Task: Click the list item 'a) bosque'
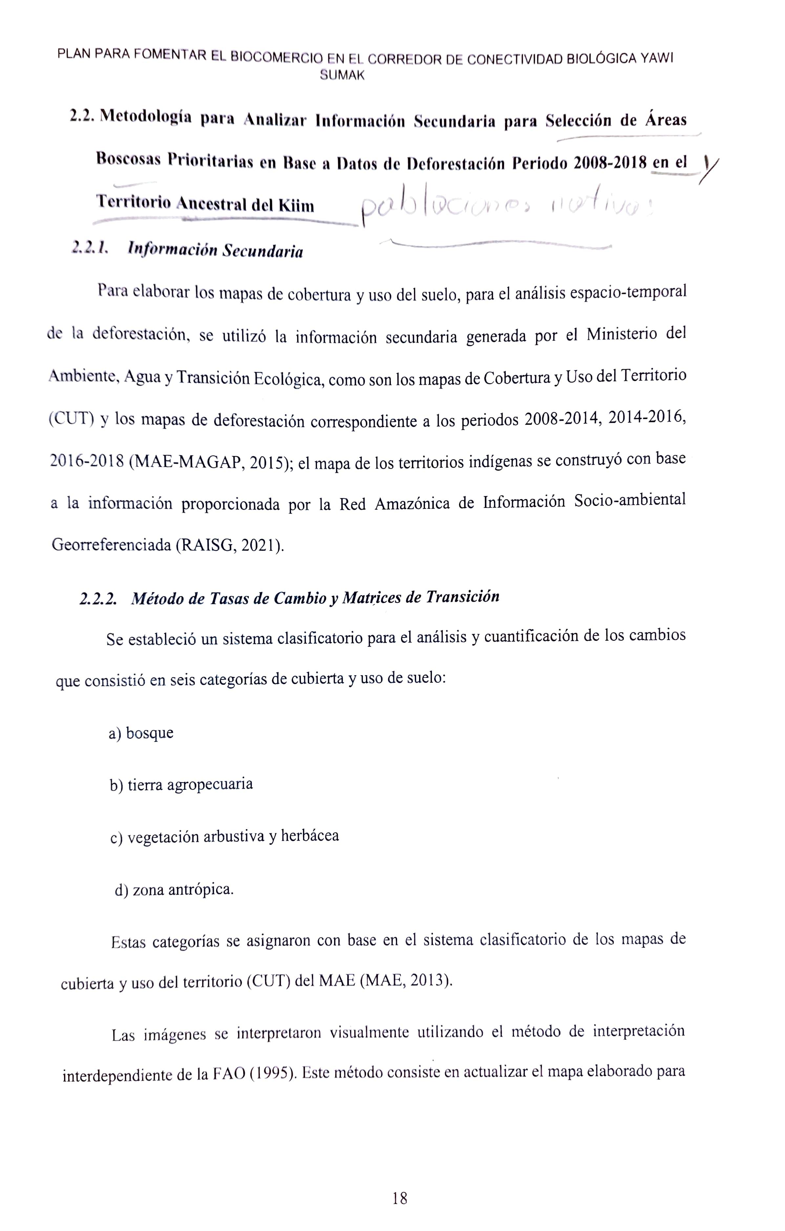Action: pos(141,733)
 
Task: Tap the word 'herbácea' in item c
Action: pos(310,836)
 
